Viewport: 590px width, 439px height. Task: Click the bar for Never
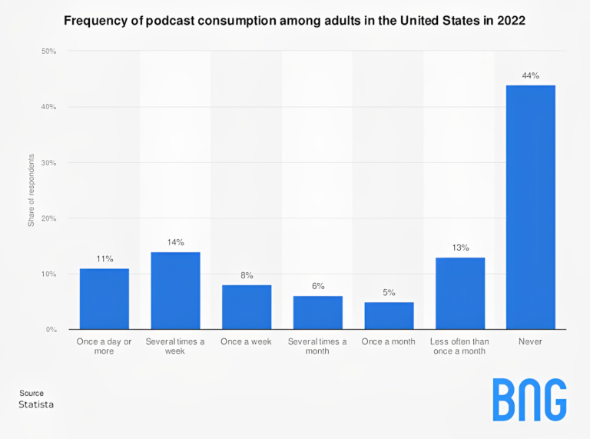click(530, 208)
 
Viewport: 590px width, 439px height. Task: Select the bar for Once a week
click(247, 308)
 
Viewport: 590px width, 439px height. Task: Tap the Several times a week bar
click(175, 291)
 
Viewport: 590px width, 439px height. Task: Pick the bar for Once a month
click(389, 316)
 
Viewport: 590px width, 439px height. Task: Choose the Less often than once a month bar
click(460, 294)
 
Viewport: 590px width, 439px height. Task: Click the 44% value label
click(530, 75)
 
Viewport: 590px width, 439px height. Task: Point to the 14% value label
click(175, 242)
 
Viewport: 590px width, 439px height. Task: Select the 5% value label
click(389, 292)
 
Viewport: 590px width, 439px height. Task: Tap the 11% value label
click(104, 259)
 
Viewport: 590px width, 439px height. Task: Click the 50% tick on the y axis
click(48, 52)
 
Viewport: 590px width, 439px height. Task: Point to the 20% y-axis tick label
click(48, 218)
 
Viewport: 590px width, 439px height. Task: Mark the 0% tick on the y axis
click(51, 330)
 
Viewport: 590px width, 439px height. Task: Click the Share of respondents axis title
click(31, 191)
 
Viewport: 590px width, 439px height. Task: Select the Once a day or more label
click(104, 346)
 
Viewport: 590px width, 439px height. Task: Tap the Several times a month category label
click(317, 346)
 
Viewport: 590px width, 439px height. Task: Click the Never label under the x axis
click(530, 341)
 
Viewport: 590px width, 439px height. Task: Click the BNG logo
click(529, 400)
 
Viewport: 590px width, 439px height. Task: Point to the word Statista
click(36, 404)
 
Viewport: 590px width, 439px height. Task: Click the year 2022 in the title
click(510, 21)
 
